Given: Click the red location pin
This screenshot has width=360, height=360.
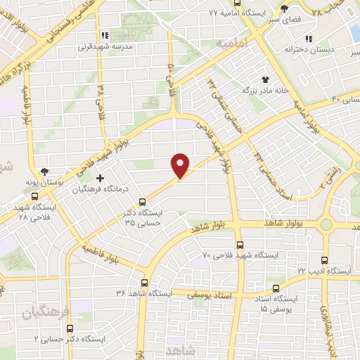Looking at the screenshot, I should (181, 165).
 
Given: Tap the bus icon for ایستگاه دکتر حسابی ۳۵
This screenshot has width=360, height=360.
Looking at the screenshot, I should (143, 201).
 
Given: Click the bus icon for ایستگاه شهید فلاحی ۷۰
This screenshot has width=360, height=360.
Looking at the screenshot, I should (240, 245).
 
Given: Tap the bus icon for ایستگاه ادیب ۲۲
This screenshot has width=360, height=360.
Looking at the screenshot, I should (324, 259).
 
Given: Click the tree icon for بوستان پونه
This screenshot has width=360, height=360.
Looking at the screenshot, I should (45, 171).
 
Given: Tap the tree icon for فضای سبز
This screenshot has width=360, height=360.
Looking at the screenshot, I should (285, 8).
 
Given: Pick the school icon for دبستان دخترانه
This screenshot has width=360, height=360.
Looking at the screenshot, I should (308, 39).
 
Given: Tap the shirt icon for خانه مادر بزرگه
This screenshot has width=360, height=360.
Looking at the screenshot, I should (266, 79).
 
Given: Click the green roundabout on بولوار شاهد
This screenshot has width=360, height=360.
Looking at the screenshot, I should (326, 225).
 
